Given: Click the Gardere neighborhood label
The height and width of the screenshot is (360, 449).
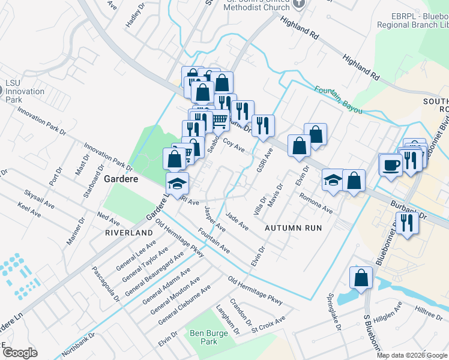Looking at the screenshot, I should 122,179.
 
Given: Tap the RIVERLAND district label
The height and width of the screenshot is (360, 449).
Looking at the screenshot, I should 128,232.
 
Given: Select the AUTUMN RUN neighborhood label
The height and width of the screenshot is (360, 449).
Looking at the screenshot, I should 294,228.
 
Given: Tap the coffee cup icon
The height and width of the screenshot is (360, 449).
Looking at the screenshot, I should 391,164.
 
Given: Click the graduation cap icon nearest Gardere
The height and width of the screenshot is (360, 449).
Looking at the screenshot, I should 177,184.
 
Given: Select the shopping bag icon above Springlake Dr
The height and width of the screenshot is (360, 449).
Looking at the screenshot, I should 361,278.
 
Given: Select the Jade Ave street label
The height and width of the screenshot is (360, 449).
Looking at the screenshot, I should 237,221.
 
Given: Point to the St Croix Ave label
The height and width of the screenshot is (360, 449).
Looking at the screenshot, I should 269,325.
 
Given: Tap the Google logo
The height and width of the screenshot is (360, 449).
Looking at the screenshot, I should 20,353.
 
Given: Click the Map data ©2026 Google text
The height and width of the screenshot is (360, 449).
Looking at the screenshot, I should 412,355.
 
